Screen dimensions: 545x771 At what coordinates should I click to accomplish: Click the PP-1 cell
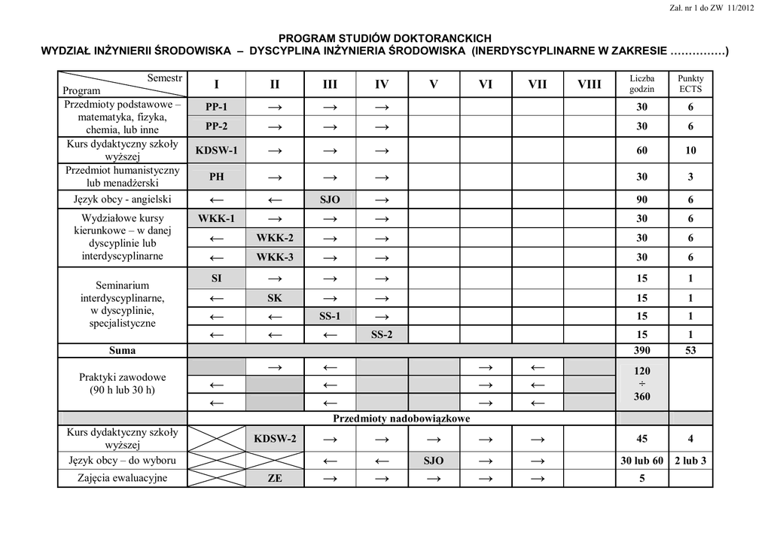[x=216, y=107]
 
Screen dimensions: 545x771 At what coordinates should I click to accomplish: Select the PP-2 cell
[x=216, y=126]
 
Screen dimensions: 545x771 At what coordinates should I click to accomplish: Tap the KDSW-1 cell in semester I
[x=216, y=151]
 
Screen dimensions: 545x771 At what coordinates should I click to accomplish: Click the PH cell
[x=216, y=178]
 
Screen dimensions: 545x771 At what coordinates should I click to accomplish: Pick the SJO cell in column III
[x=330, y=200]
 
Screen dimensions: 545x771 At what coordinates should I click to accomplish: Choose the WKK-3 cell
[x=275, y=257]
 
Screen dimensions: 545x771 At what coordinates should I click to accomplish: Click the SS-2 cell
[x=382, y=335]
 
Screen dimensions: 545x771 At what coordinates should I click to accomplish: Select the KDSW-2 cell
[x=275, y=439]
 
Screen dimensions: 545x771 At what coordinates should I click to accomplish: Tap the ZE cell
[x=275, y=479]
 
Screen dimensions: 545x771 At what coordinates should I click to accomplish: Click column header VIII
[x=590, y=84]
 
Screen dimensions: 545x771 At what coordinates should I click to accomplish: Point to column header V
[x=434, y=84]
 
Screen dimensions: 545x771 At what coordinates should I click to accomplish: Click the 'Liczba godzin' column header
[x=641, y=84]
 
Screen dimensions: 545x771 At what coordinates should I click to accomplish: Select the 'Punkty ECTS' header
[x=690, y=84]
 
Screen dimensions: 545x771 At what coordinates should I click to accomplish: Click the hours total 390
[x=641, y=351]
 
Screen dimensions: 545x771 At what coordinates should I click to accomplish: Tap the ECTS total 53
[x=690, y=351]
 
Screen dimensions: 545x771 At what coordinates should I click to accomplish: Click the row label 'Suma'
[x=122, y=351]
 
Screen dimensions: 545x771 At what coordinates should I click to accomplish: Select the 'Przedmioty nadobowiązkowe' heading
[x=401, y=419]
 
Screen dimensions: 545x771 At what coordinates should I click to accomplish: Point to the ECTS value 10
[x=690, y=151]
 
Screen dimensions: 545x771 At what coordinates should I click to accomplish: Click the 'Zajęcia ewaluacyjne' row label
[x=122, y=478]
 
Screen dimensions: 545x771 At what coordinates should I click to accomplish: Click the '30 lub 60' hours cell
[x=641, y=461]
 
